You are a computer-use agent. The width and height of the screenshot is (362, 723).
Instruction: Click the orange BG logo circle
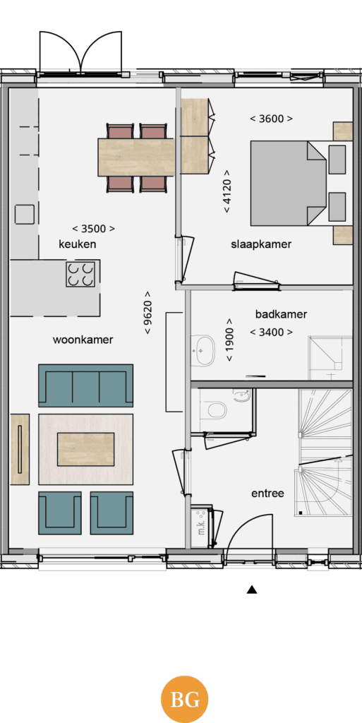click(184, 699)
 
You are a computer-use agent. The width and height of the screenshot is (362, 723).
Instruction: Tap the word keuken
click(78, 244)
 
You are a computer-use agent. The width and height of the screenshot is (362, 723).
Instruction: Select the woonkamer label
click(83, 340)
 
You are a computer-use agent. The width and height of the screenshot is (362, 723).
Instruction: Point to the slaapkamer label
click(261, 244)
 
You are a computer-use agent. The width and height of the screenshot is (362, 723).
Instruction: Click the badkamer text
click(281, 314)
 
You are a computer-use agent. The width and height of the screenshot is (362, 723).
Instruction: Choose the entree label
click(267, 494)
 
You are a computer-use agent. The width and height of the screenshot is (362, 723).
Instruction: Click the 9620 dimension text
click(147, 313)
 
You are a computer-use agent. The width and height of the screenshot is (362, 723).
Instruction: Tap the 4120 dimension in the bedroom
click(227, 191)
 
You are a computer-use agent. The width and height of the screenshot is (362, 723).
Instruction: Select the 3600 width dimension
click(271, 119)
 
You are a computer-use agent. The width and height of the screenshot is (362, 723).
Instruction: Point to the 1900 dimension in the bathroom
click(229, 340)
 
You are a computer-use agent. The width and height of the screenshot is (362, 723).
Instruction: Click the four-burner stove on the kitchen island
click(80, 274)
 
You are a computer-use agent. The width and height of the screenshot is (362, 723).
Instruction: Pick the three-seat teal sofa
click(85, 386)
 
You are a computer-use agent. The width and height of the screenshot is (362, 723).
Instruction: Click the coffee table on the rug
click(85, 449)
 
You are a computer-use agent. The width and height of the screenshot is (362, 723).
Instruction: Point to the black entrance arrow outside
click(251, 590)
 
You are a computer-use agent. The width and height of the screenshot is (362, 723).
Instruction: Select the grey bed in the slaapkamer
click(288, 183)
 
